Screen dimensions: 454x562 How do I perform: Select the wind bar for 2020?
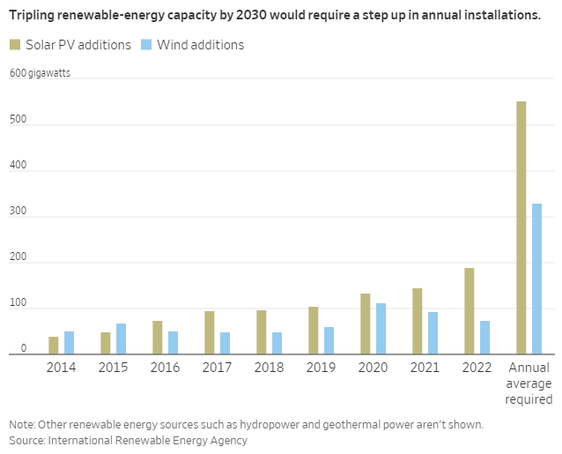point(381,328)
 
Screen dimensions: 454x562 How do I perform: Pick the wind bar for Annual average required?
point(537,279)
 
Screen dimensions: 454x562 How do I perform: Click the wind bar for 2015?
point(121,339)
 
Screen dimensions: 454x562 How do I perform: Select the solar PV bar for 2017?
point(210,331)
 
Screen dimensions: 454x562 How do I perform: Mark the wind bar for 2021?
point(433,332)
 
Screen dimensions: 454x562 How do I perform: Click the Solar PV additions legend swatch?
point(16,45)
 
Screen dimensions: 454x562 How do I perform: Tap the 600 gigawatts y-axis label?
point(40,73)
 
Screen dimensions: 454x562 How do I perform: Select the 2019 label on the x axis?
point(321,368)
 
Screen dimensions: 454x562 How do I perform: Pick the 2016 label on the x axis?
point(165,368)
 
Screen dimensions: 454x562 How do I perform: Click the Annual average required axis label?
point(529,383)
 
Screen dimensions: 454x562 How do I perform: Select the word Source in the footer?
point(26,440)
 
